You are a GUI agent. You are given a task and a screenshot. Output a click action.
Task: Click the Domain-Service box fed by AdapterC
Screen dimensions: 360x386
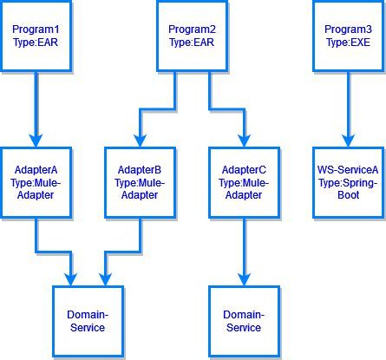point(244,320)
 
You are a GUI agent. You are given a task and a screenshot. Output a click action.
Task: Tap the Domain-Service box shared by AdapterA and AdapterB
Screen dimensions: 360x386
point(86,320)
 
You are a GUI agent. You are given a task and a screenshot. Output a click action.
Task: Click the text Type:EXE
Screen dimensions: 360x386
point(348,43)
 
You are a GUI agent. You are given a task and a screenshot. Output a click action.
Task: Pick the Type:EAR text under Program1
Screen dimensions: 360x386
point(36,43)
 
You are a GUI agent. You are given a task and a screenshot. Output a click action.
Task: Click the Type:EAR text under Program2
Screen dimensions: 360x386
point(192,43)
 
